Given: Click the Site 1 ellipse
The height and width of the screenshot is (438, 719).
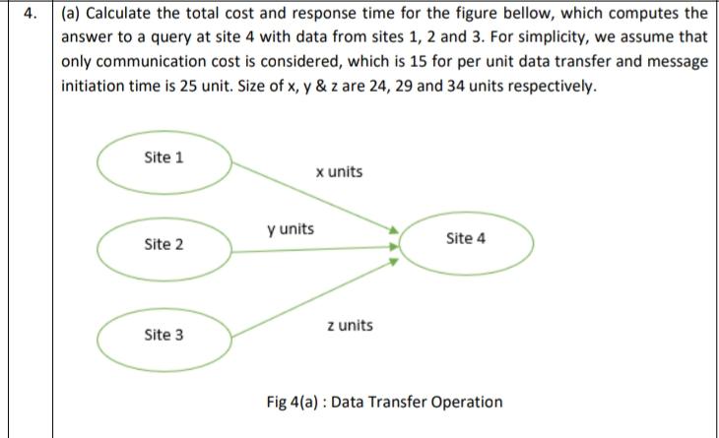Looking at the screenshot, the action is tap(164, 157).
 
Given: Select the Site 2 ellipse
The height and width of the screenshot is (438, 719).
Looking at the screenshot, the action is tap(164, 244).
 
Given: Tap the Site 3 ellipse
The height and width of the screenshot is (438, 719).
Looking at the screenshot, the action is tap(164, 335).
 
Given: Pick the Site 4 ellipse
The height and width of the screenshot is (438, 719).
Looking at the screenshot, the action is tap(466, 239).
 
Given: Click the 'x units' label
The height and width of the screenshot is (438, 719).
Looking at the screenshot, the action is tap(339, 172).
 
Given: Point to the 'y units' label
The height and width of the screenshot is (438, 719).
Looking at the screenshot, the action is tap(291, 229).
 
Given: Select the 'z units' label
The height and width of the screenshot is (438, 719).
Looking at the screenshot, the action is tap(350, 325).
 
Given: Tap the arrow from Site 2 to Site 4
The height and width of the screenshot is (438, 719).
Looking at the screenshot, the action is tap(315, 249).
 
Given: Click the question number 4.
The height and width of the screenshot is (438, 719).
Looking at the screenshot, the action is tap(29, 15).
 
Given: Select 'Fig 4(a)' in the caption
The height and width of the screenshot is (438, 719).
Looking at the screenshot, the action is tap(294, 402).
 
